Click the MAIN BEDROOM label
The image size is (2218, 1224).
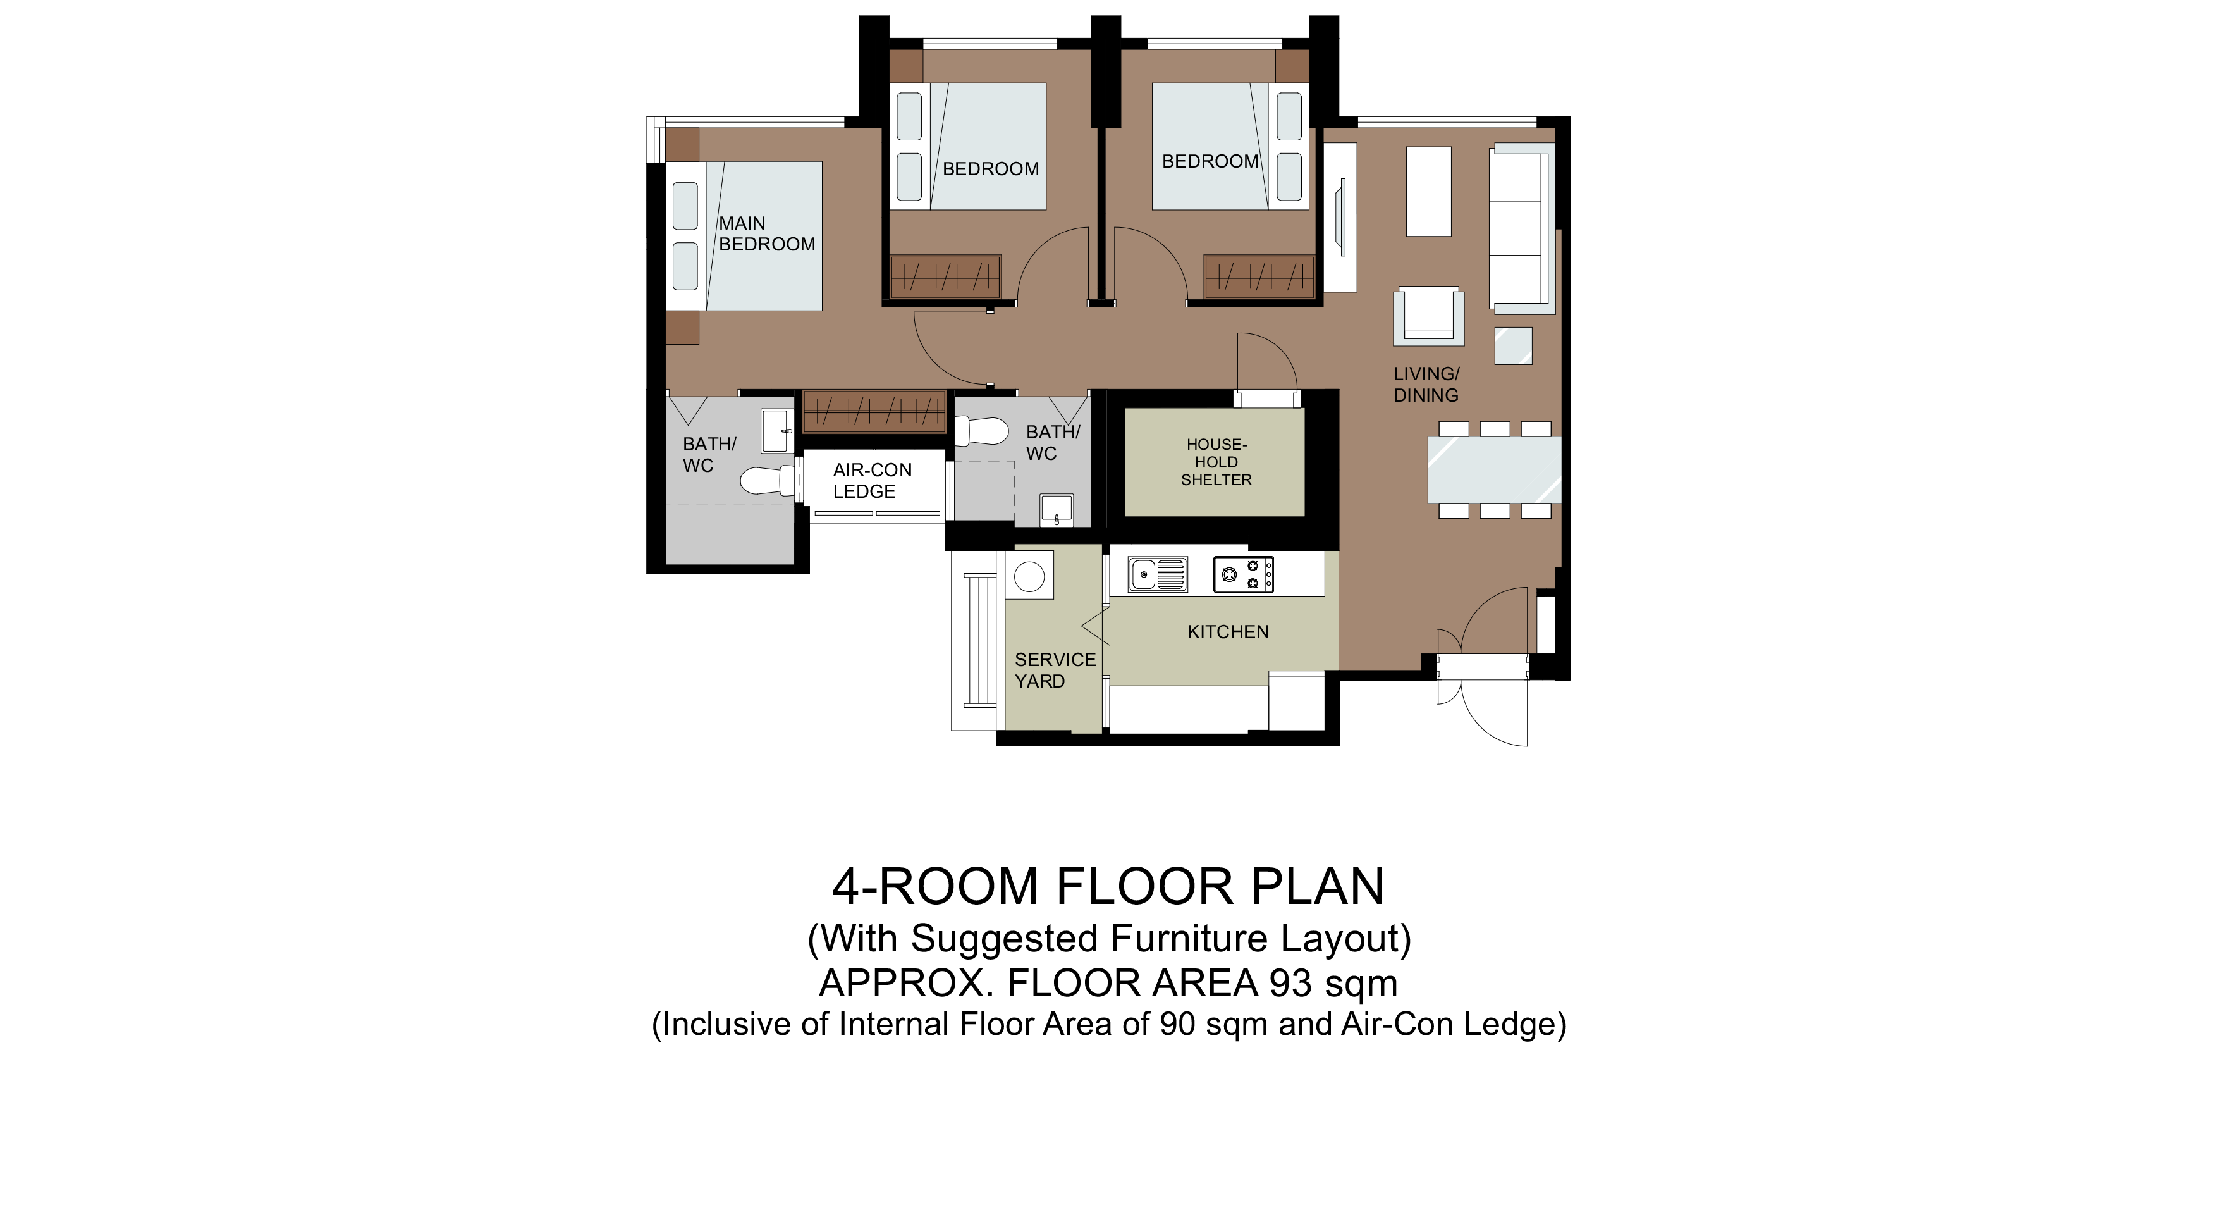pos(766,233)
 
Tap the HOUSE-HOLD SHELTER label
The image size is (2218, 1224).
pos(1216,462)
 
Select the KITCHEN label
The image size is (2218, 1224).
pos(1228,633)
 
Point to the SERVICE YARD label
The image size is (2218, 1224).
pos(1055,670)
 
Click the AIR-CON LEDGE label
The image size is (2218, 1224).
pos(871,481)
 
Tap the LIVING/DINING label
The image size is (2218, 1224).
pos(1426,384)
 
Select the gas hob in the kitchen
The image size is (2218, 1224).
pos(1243,574)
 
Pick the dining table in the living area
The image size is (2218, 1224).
pos(1494,470)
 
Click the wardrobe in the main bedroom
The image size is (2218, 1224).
pos(874,412)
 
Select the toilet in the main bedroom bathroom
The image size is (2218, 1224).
pos(768,481)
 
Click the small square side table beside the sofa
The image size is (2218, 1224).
pos(1513,346)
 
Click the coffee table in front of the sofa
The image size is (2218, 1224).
pos(1428,191)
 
